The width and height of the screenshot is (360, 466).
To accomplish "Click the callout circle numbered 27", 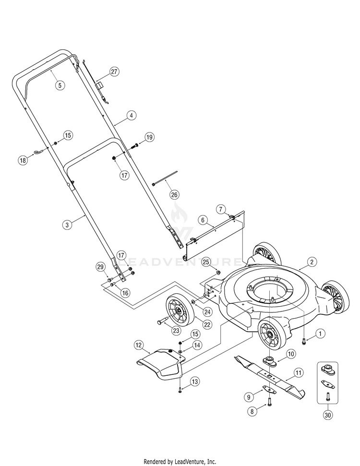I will (x=114, y=72).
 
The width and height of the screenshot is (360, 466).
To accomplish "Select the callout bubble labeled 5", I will (x=60, y=85).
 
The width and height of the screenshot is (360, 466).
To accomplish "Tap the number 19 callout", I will (x=149, y=137).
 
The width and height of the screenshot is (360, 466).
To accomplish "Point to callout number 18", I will (x=23, y=161).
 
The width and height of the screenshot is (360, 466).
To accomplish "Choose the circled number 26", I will (x=174, y=194).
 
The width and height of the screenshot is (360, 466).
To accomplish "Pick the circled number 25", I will (x=206, y=262).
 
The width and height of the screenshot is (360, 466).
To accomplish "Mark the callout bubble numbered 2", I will (x=312, y=262).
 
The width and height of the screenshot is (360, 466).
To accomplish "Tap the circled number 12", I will (x=138, y=345).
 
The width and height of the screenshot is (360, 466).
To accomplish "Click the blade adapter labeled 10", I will (x=269, y=359).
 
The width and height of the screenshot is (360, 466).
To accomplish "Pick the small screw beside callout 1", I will (x=304, y=341).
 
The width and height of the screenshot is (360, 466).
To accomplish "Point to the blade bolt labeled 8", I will (x=269, y=398).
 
